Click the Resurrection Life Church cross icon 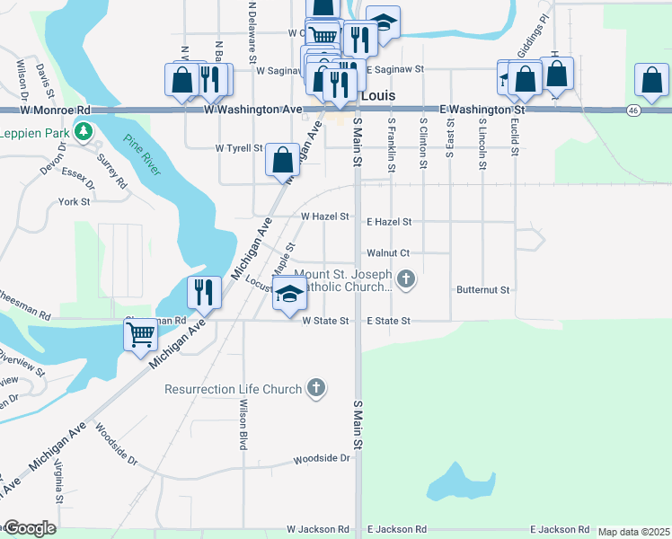(x=315, y=389)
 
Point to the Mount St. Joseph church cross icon (x=406, y=279)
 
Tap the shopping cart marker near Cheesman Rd (x=141, y=334)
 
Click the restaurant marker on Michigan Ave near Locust (x=203, y=291)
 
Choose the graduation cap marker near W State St (x=289, y=295)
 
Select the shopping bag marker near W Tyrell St (x=282, y=160)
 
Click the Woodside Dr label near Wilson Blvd (x=321, y=458)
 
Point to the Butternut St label (x=482, y=290)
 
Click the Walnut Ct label (x=388, y=253)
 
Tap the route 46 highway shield (x=633, y=110)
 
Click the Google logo (x=29, y=528)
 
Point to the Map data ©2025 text (x=633, y=532)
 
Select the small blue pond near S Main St (x=460, y=482)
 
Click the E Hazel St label (x=389, y=221)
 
